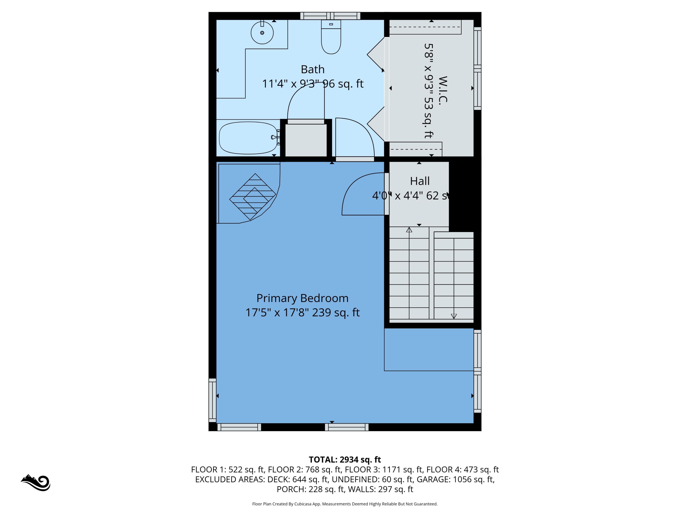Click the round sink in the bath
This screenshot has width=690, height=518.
262,33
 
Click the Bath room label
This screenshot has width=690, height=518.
313,69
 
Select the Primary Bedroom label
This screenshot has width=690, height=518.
302,298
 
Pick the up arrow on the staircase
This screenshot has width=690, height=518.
409,230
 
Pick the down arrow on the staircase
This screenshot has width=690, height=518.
454,316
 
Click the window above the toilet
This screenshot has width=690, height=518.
330,16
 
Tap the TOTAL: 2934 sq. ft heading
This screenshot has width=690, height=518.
345,460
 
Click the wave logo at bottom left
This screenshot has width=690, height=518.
36,483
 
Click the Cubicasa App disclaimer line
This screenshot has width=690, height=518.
345,504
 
